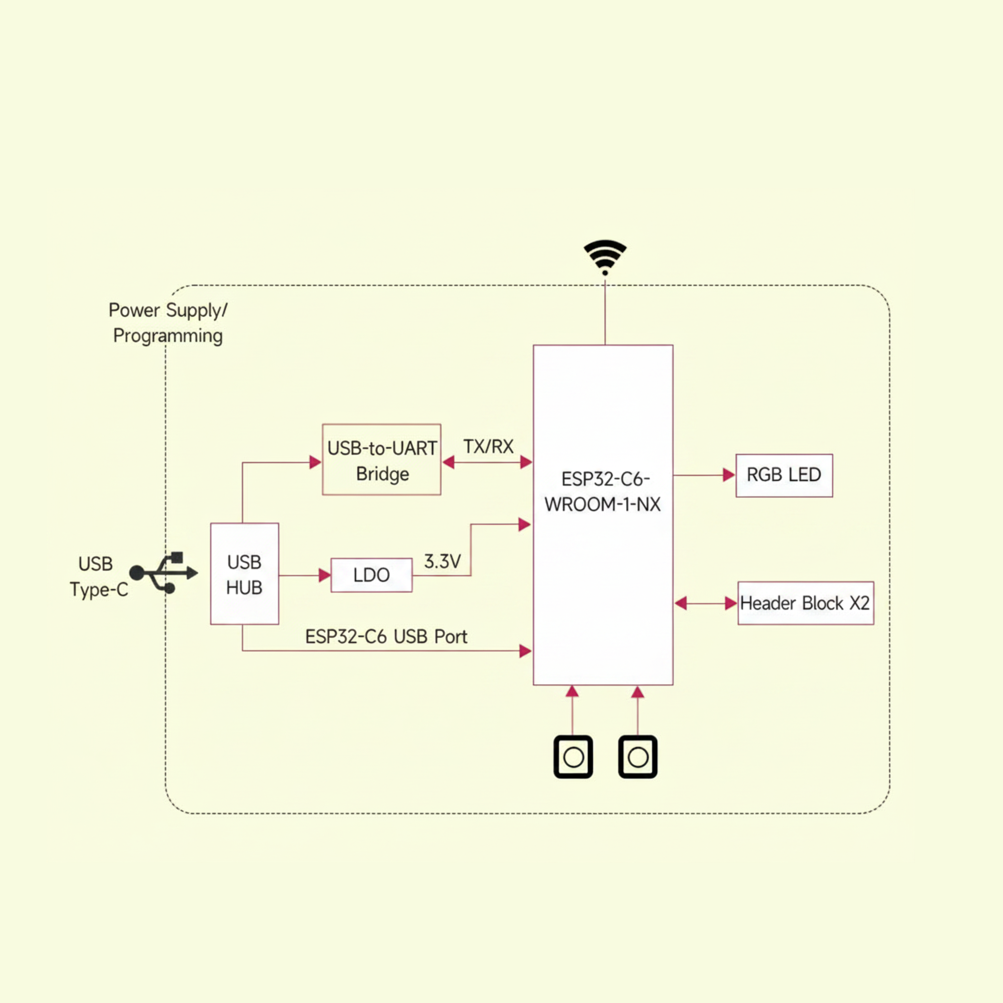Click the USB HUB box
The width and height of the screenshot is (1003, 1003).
click(245, 574)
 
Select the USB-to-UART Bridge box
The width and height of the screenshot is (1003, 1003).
click(382, 459)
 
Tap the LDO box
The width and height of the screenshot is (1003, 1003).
click(372, 575)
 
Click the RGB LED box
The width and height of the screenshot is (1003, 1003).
click(784, 476)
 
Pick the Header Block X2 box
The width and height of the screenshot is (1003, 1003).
click(806, 603)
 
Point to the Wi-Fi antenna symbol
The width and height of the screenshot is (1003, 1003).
click(605, 257)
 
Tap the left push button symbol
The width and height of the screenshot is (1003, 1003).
click(573, 757)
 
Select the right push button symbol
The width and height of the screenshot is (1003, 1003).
click(637, 757)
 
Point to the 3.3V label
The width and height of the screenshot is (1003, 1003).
click(442, 561)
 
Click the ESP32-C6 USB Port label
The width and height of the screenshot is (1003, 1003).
click(386, 636)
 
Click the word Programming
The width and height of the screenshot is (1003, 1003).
click(168, 336)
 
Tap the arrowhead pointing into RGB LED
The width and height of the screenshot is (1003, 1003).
click(729, 475)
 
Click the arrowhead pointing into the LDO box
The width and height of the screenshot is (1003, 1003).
click(324, 575)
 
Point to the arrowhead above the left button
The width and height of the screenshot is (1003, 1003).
click(572, 691)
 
